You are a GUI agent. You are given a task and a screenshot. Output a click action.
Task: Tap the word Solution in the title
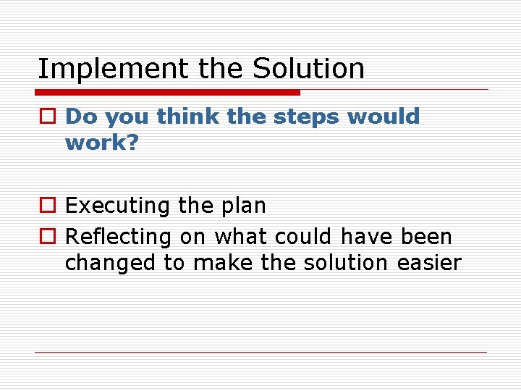308,70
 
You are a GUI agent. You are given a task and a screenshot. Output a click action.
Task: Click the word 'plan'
243,206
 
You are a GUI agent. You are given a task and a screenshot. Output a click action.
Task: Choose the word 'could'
299,237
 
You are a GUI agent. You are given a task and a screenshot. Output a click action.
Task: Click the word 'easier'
429,263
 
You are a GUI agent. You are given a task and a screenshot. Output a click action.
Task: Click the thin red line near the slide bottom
260,353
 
